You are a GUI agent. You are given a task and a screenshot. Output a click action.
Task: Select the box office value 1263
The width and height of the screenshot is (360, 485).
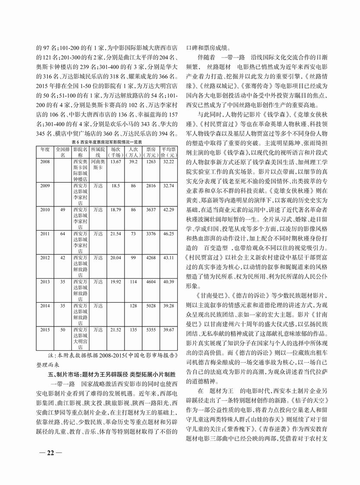click(x=151, y=162)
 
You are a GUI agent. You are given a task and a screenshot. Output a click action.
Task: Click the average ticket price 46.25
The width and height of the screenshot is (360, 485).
click(x=168, y=233)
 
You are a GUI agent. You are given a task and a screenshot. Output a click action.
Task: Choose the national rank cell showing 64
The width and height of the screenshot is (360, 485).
click(x=63, y=233)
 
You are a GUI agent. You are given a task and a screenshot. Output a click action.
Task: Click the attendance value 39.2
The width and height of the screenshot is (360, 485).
click(x=133, y=162)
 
